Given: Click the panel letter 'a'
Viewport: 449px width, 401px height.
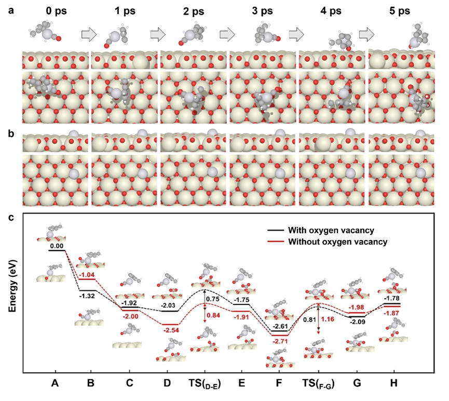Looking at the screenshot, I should coord(11,10).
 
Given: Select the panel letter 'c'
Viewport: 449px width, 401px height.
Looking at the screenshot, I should coord(11,218).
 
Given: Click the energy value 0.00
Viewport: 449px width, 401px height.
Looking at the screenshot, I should coord(57,246).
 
